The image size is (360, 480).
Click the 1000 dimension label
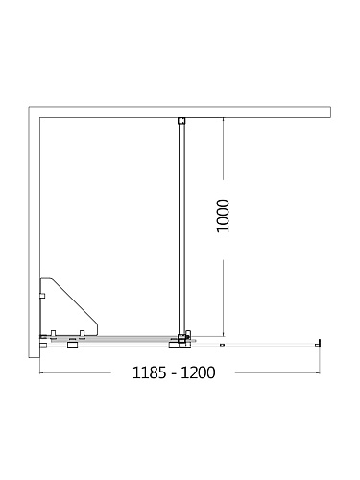click(223, 216)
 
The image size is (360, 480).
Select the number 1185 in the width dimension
click(149, 372)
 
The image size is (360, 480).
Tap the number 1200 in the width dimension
click(198, 372)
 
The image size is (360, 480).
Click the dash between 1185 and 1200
click(174, 374)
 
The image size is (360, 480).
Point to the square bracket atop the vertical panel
click(181, 121)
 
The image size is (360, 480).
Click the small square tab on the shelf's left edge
click(42, 296)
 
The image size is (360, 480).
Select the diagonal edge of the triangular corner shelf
click(74, 302)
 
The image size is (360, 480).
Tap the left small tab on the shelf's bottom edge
click(53, 333)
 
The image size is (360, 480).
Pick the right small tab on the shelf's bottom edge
click(82, 333)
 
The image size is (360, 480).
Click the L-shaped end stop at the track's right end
click(318, 343)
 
